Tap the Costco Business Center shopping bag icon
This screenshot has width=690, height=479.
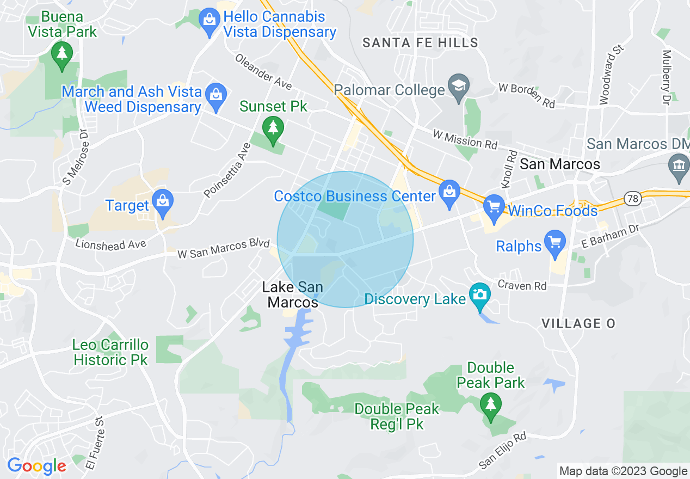[x=449, y=192]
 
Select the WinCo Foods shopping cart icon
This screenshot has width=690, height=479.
[x=494, y=207]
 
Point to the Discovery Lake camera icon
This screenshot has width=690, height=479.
[x=479, y=296]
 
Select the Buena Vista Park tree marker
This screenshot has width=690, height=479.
[x=62, y=53]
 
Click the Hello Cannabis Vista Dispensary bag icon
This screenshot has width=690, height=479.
[x=210, y=21]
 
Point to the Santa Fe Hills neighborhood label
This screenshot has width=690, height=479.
[x=420, y=42]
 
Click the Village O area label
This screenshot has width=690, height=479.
[x=578, y=323]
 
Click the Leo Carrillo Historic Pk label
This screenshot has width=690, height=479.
[x=110, y=352]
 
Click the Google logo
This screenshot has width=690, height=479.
[x=36, y=466]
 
